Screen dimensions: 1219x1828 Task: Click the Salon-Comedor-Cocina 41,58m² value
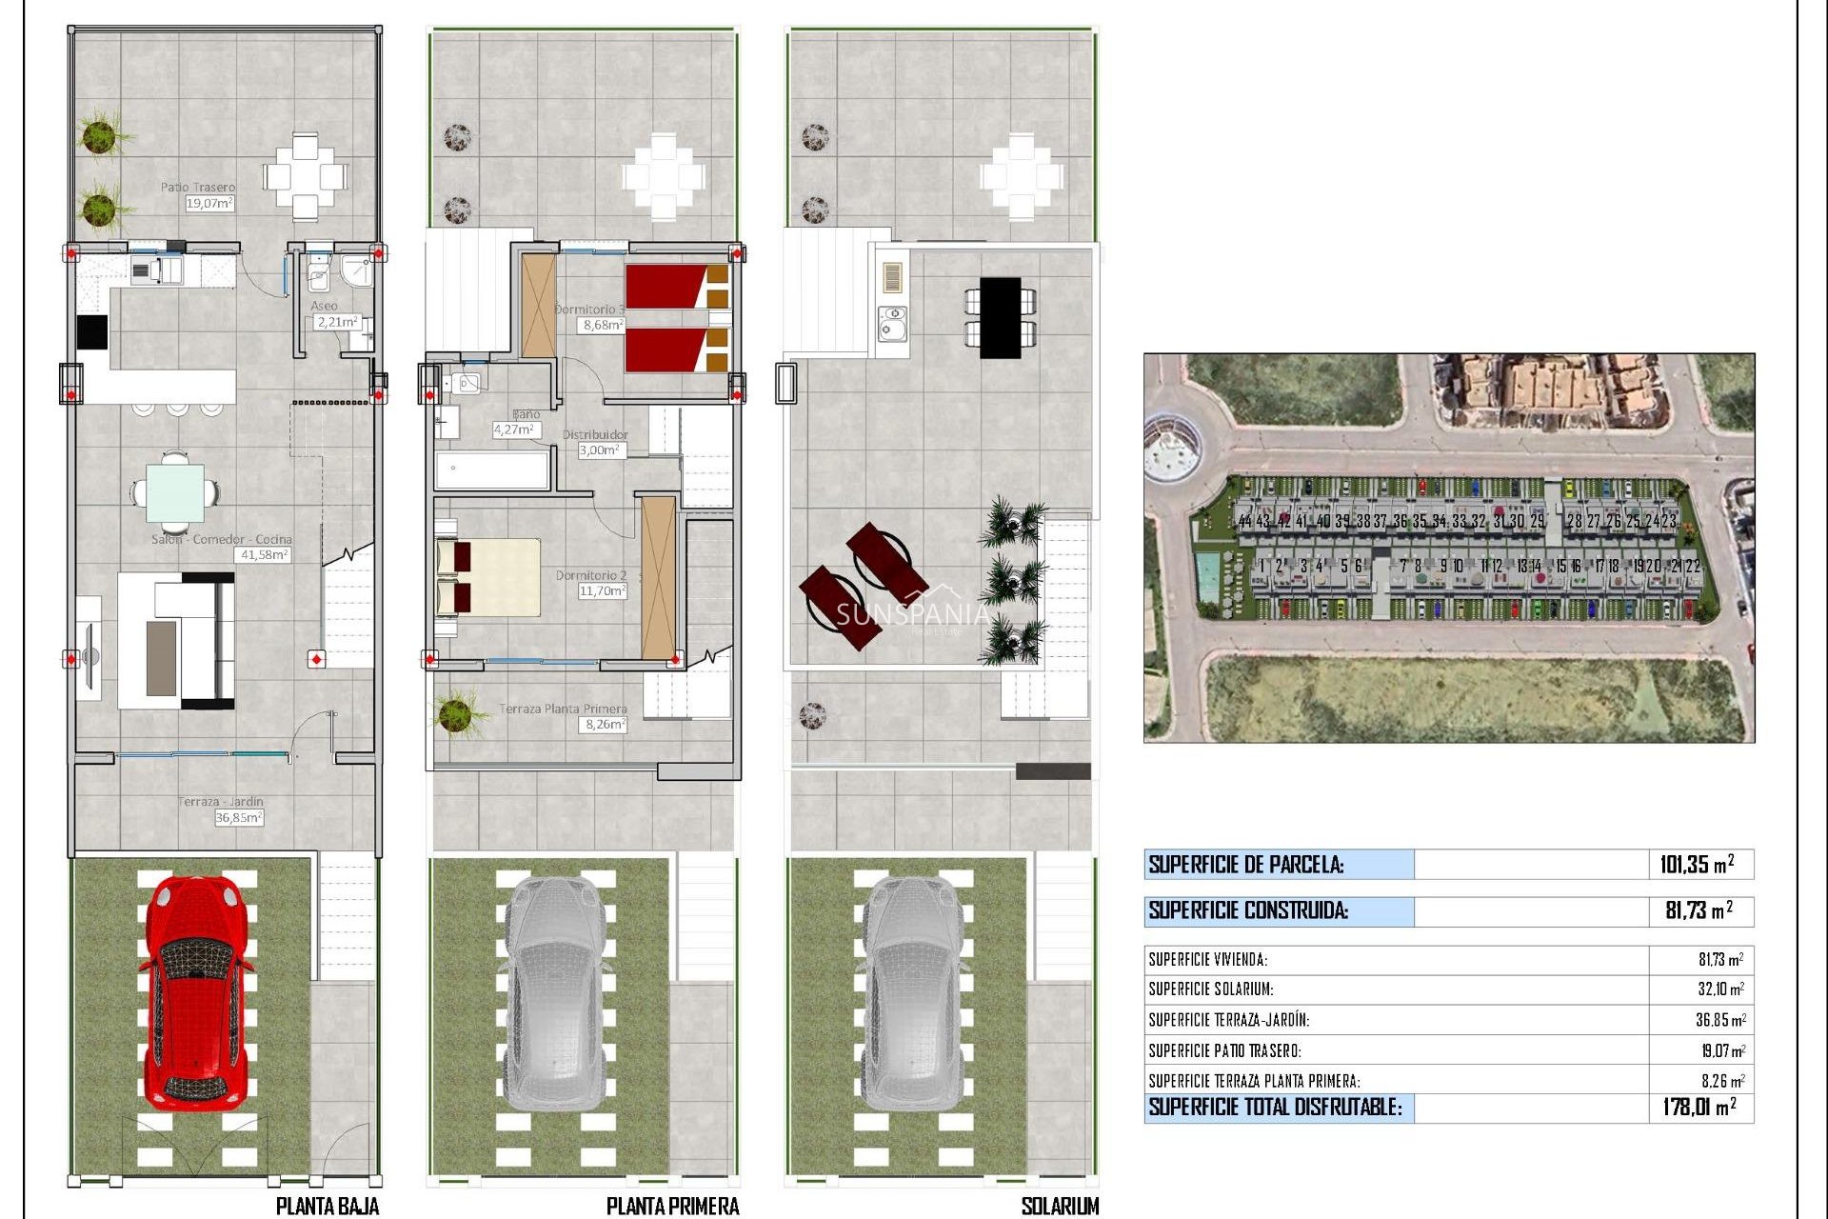coord(263,554)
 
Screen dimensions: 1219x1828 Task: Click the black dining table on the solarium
coord(1000,317)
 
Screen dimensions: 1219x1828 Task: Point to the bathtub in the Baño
coord(491,470)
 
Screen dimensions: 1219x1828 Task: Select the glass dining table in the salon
coord(174,492)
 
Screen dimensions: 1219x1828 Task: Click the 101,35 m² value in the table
coord(1696,865)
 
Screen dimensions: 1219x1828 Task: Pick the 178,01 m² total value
coord(1699,1107)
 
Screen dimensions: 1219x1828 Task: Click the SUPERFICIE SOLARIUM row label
coord(1210,989)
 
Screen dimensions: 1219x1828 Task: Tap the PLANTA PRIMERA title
coord(672,1206)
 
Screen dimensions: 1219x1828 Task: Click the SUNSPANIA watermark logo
coord(912,614)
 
